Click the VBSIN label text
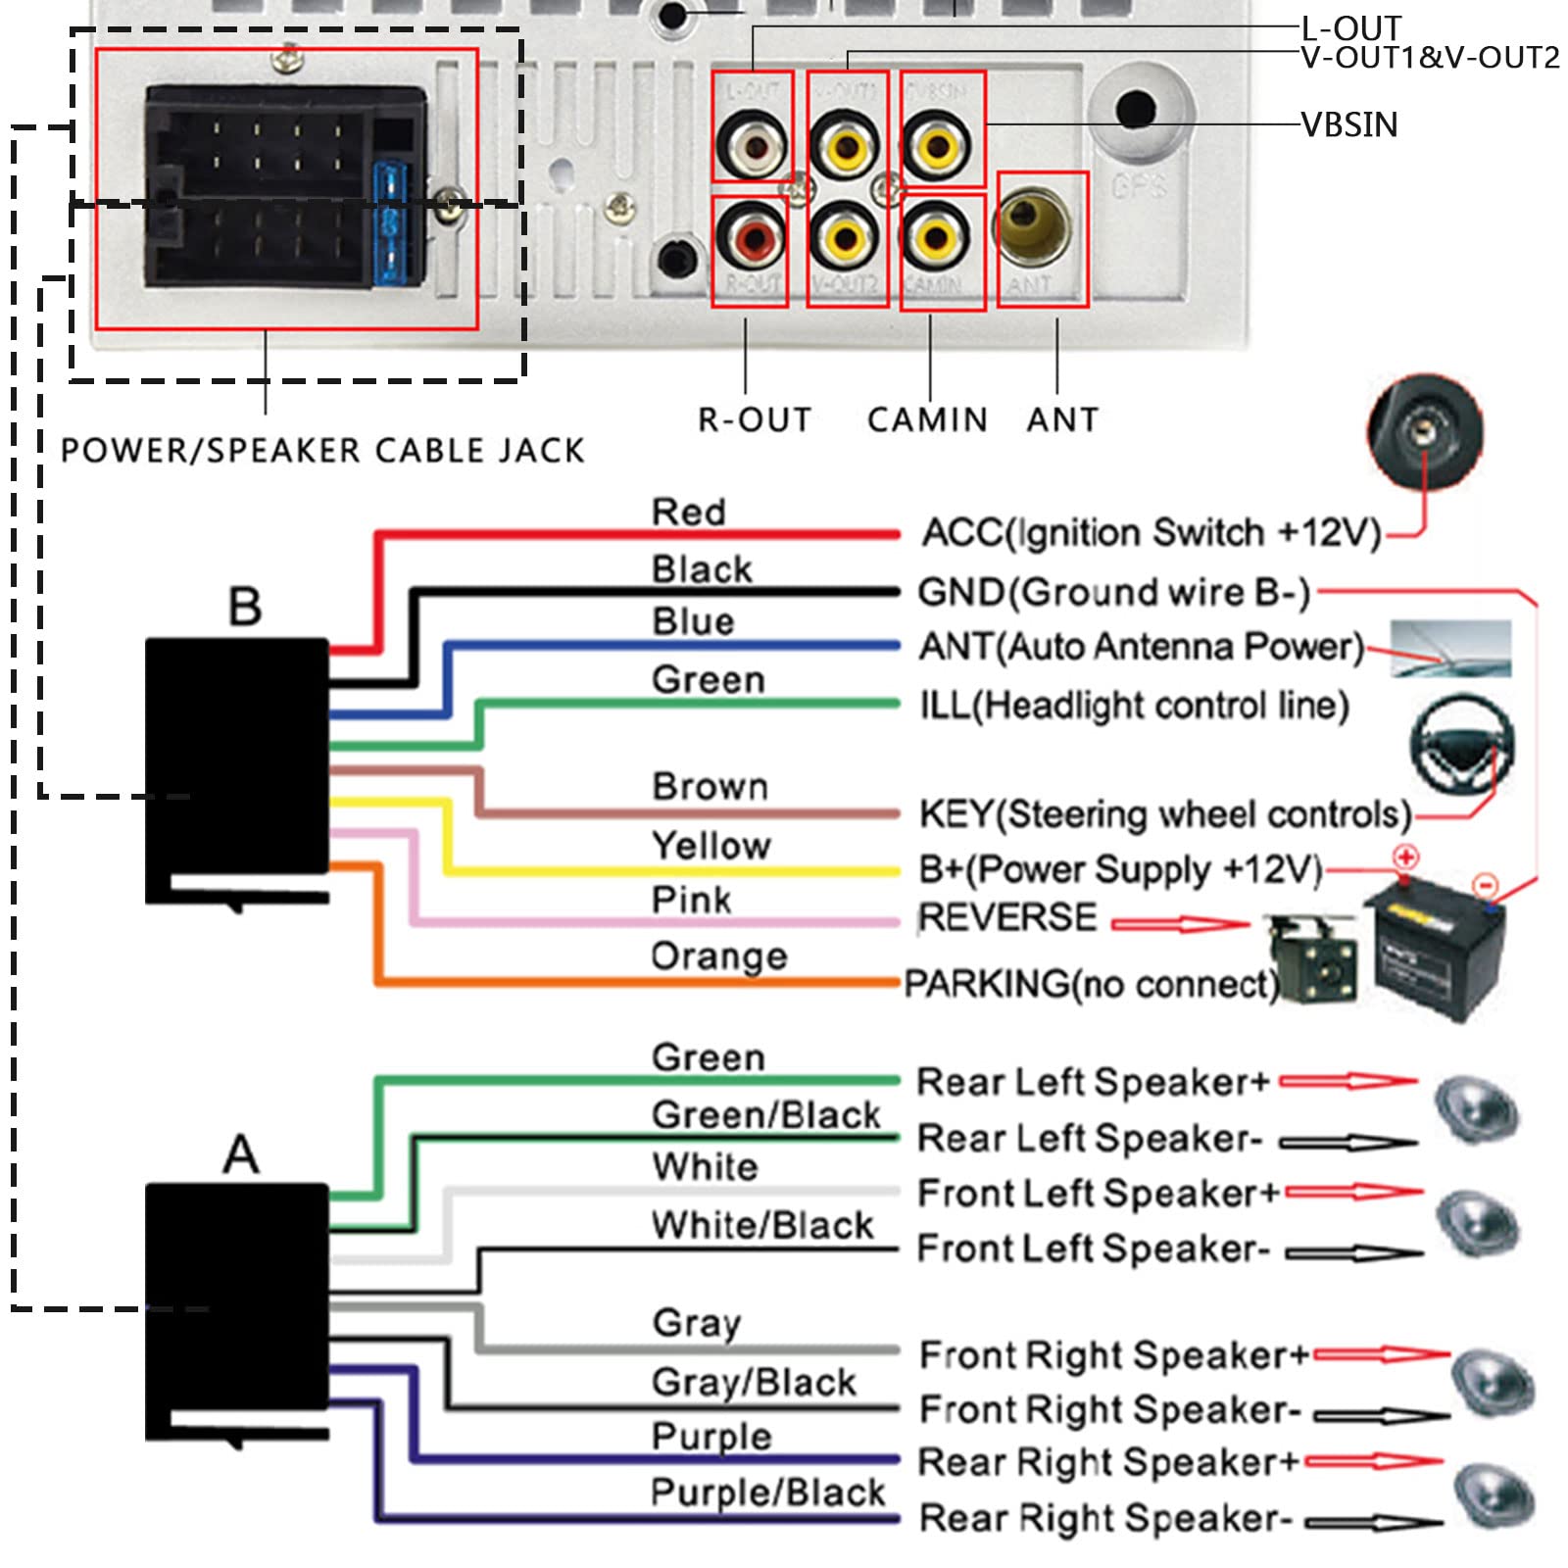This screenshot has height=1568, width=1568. tap(1348, 124)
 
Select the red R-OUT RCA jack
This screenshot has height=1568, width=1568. tap(751, 238)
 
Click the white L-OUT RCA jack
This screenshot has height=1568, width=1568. tap(753, 147)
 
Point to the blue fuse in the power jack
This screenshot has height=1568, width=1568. tap(390, 223)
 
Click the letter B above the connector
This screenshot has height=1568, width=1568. tap(244, 607)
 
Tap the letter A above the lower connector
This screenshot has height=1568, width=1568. tap(241, 1153)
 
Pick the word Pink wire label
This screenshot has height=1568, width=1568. tap(691, 900)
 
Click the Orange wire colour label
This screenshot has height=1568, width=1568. tap(718, 955)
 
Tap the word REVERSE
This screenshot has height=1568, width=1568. tap(1007, 918)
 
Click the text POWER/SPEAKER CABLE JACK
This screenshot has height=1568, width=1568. tap(322, 451)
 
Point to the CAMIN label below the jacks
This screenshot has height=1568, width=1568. tap(927, 419)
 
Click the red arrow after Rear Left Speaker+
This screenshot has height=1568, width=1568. tap(1348, 1082)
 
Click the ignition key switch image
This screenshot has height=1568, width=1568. tap(1425, 431)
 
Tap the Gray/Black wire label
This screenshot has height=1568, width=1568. tap(754, 1382)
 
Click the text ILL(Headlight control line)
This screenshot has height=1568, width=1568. tap(1134, 706)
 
